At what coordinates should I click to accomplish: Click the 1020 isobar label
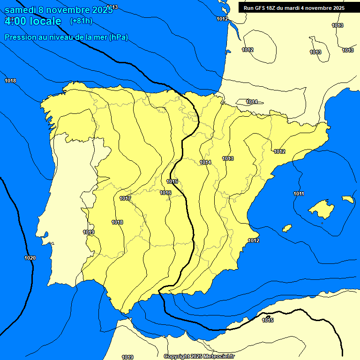click(30, 258)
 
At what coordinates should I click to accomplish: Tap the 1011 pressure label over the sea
click(299, 194)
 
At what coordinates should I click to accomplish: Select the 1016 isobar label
click(165, 193)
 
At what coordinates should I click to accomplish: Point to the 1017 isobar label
click(125, 198)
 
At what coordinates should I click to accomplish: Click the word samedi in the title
click(22, 10)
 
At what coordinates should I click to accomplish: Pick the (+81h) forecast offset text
click(81, 21)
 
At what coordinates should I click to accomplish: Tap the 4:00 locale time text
click(33, 21)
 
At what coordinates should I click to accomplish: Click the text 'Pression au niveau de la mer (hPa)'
click(66, 37)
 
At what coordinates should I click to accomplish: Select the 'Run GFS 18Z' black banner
click(294, 8)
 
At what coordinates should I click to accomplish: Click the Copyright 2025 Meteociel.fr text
click(199, 356)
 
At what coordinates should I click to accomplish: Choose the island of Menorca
click(347, 199)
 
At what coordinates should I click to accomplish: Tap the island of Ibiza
click(287, 228)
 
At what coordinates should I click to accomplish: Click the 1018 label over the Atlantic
click(10, 81)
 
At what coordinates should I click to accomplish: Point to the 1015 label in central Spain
click(172, 181)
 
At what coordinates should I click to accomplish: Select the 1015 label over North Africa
click(268, 320)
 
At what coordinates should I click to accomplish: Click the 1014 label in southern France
click(252, 102)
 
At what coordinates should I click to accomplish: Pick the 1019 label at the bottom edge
click(127, 357)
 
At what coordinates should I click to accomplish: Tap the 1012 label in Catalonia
click(279, 151)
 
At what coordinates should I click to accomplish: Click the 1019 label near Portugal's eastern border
click(89, 232)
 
